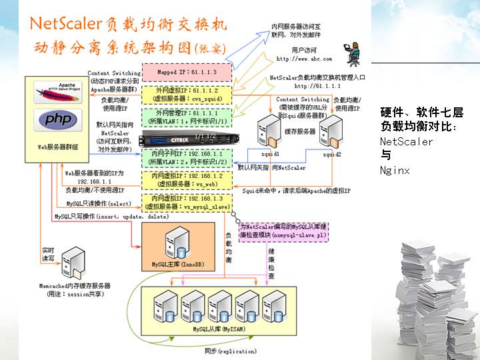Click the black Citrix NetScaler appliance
pyautogui.click(x=186, y=140)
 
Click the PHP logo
pyautogui.click(x=57, y=120)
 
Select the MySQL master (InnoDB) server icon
pyautogui.click(x=179, y=244)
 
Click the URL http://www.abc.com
pyautogui.click(x=304, y=59)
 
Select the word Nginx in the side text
pyautogui.click(x=395, y=171)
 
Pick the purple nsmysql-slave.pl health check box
pyautogui.click(x=282, y=231)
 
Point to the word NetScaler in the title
pyautogui.click(x=64, y=25)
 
